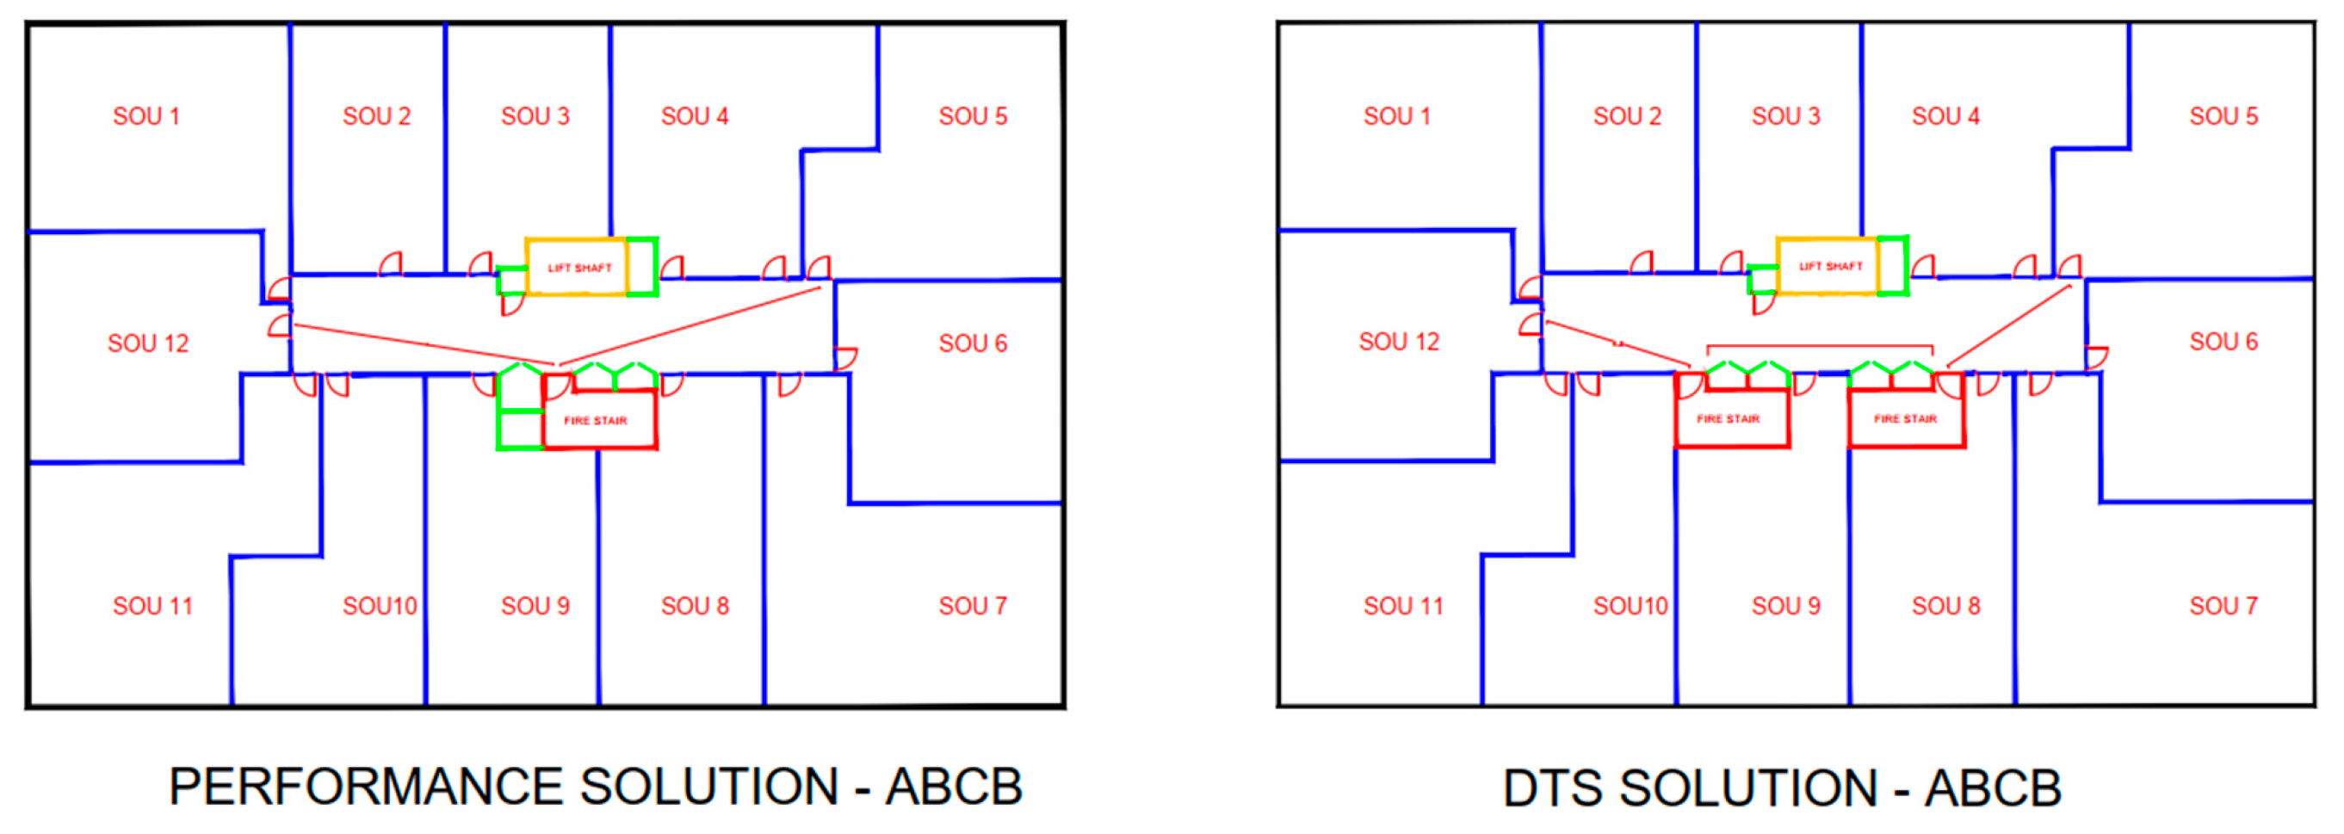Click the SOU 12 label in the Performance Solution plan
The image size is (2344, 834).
[x=147, y=343]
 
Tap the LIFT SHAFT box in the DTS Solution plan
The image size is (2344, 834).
[x=1830, y=267]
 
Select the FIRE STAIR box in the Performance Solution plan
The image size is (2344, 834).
[x=597, y=420]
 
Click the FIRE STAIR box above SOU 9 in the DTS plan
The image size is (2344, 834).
[x=1731, y=419]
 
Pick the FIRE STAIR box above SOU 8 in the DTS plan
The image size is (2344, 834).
[x=1905, y=419]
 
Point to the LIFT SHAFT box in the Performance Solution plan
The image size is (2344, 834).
[x=578, y=268]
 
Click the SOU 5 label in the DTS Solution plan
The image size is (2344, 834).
[x=2223, y=116]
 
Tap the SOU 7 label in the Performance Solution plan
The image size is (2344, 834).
[x=972, y=606]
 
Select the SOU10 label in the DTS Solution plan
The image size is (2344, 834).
[x=1630, y=606]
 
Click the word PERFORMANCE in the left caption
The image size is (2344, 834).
[x=366, y=787]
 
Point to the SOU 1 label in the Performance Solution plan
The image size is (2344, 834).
[x=145, y=116]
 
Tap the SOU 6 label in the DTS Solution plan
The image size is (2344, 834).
[x=2223, y=342]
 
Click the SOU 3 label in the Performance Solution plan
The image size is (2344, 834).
[x=535, y=116]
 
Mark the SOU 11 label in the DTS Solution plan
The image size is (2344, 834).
[x=1402, y=606]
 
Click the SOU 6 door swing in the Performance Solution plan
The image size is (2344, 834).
[x=845, y=358]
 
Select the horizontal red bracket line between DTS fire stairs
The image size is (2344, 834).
[x=1819, y=346]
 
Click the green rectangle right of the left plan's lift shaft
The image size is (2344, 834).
[x=641, y=267]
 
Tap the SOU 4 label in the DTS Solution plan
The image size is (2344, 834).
[x=1945, y=116]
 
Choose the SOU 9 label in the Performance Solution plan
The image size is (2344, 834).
[x=535, y=606]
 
